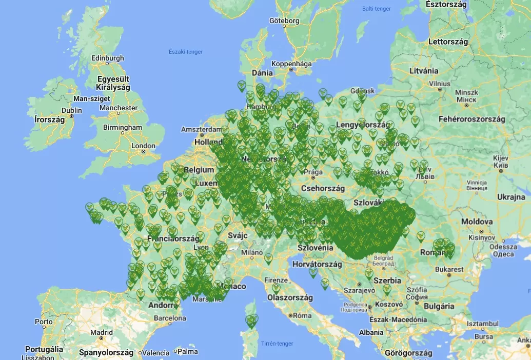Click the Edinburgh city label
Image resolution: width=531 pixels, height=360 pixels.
(107, 58)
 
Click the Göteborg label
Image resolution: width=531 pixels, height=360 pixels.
(284, 21)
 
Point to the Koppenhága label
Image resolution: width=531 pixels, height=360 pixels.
(291, 64)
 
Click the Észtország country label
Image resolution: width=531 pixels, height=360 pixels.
(446, 4)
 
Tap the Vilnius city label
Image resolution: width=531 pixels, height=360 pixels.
(440, 83)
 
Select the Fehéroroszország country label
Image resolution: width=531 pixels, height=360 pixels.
(471, 119)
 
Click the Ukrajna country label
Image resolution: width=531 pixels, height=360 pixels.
(510, 197)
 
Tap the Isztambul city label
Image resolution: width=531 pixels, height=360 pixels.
(482, 324)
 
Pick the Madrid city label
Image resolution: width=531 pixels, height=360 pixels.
(101, 332)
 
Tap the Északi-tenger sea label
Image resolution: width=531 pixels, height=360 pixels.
(185, 52)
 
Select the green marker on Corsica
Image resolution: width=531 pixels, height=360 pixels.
(251, 321)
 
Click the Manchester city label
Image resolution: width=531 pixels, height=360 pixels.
(119, 108)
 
